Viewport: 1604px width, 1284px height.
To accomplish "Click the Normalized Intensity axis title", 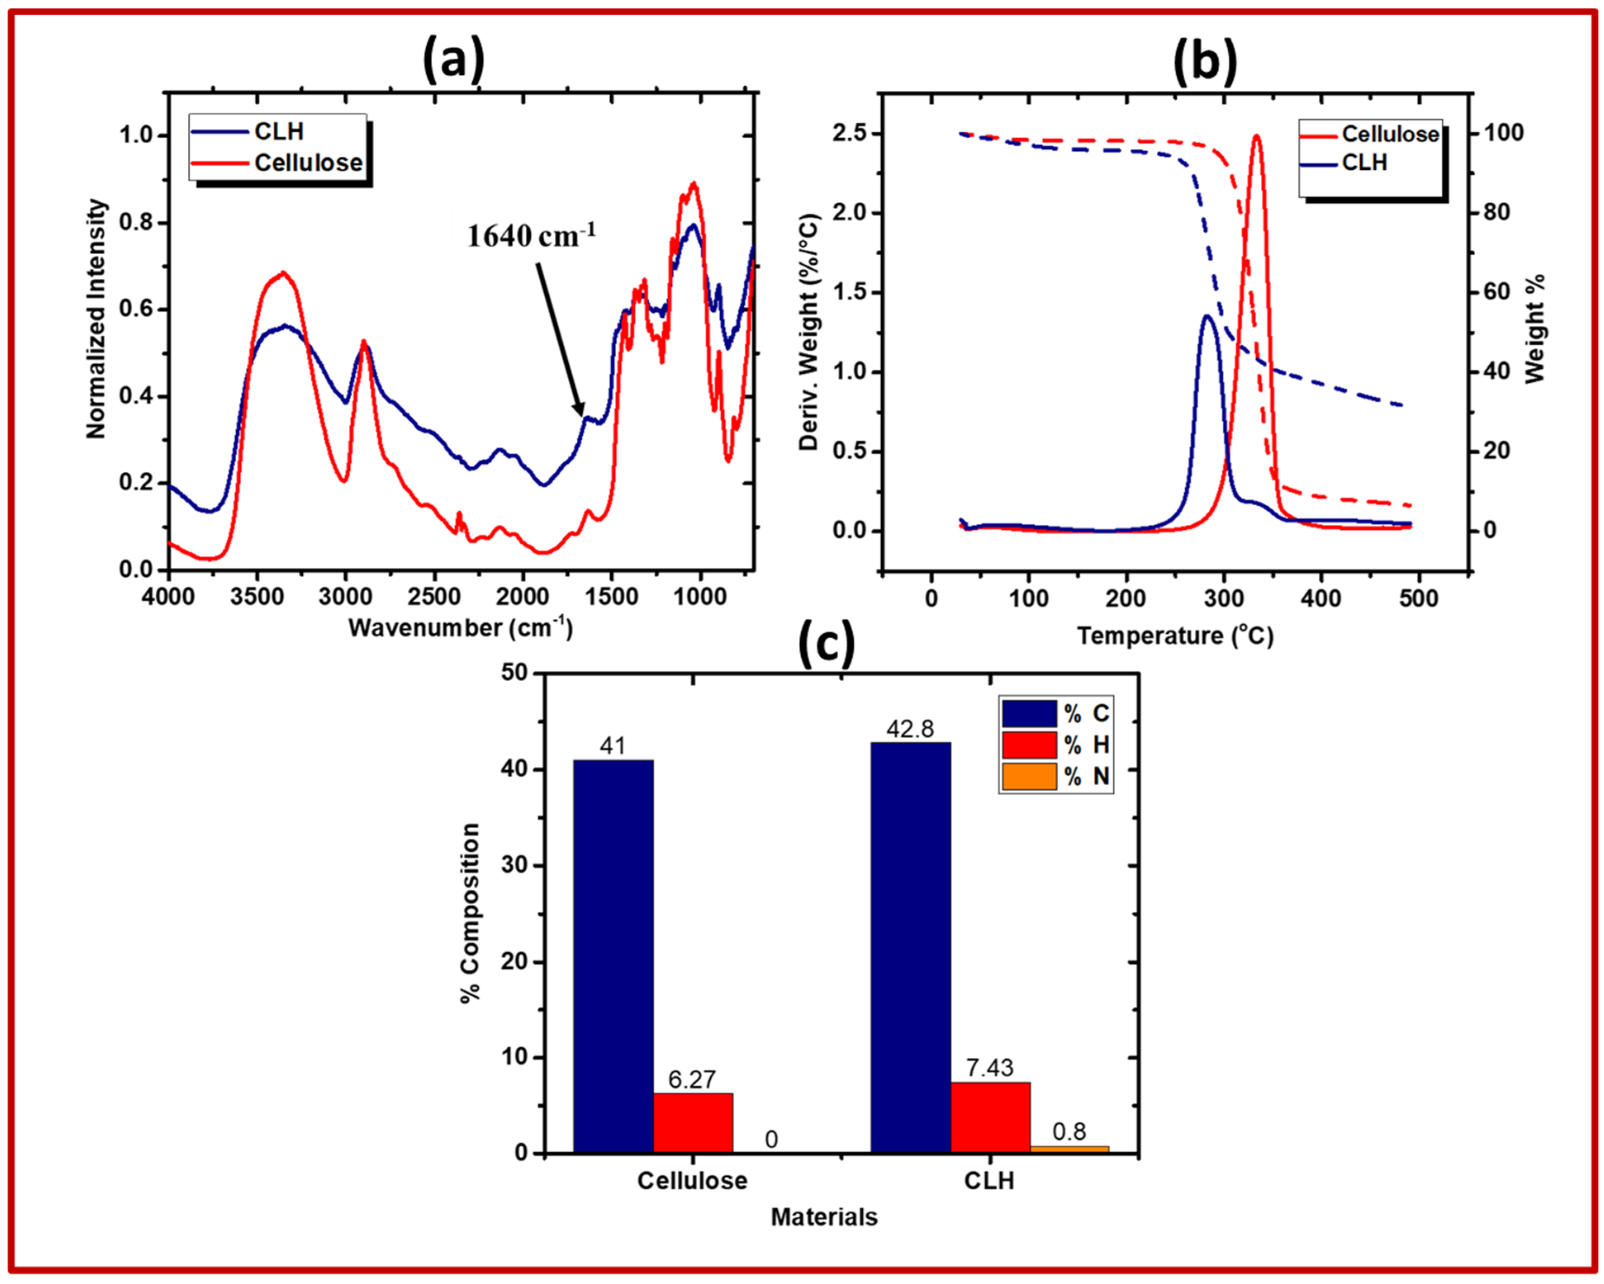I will click(x=96, y=318).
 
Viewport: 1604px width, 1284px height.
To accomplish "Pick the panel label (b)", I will click(x=1205, y=61).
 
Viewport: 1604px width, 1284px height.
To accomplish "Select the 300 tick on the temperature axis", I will click(x=1224, y=598).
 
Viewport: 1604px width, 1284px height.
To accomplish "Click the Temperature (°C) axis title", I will click(x=1175, y=636).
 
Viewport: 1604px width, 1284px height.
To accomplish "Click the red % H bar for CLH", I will click(x=990, y=1117).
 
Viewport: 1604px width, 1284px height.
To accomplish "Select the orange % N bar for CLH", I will click(x=1069, y=1149).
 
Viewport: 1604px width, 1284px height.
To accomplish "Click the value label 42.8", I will click(x=910, y=729).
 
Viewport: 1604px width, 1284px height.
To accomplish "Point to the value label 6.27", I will click(x=692, y=1079).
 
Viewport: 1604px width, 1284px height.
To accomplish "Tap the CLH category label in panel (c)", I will click(x=989, y=1181).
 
